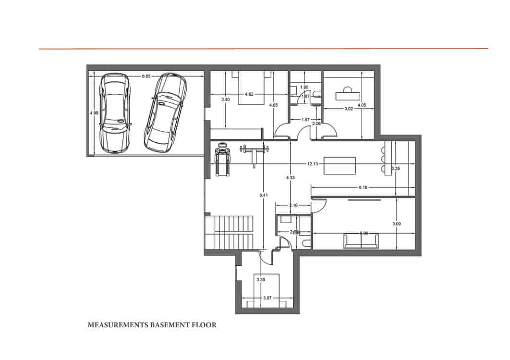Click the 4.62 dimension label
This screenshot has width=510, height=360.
pos(249,94)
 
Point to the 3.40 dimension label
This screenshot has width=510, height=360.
pos(226,99)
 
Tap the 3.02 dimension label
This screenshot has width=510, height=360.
pos(349,109)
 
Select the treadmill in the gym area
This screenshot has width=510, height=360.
pos(222,159)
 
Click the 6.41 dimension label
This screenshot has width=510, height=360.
pos(263,196)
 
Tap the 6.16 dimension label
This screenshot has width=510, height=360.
pos(363,187)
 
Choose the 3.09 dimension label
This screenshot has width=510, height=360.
pos(396,223)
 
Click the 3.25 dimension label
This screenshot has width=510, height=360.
pos(396,169)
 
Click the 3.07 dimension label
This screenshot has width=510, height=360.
pos(267,298)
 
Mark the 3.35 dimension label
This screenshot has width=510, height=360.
pos(261,279)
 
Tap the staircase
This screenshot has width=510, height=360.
pos(229,233)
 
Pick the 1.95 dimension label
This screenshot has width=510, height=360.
pos(304,87)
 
